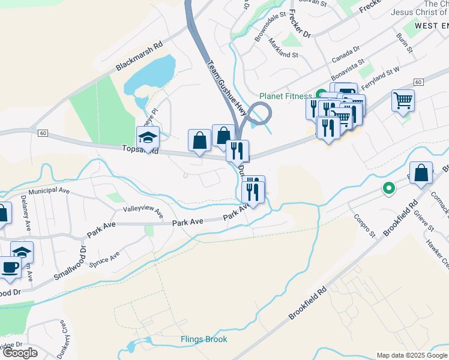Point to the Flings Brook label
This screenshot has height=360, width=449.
(x=204, y=340)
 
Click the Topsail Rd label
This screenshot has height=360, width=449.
(x=140, y=150)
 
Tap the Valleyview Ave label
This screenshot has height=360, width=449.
(x=143, y=212)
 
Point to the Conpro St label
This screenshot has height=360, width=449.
(x=364, y=226)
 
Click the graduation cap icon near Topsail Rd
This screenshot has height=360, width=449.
(x=148, y=138)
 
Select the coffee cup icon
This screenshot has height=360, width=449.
(x=10, y=268)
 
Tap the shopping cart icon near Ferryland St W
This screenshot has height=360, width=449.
(x=403, y=100)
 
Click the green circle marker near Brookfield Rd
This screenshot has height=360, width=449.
(x=389, y=189)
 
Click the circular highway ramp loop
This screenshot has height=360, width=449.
(x=259, y=113)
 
